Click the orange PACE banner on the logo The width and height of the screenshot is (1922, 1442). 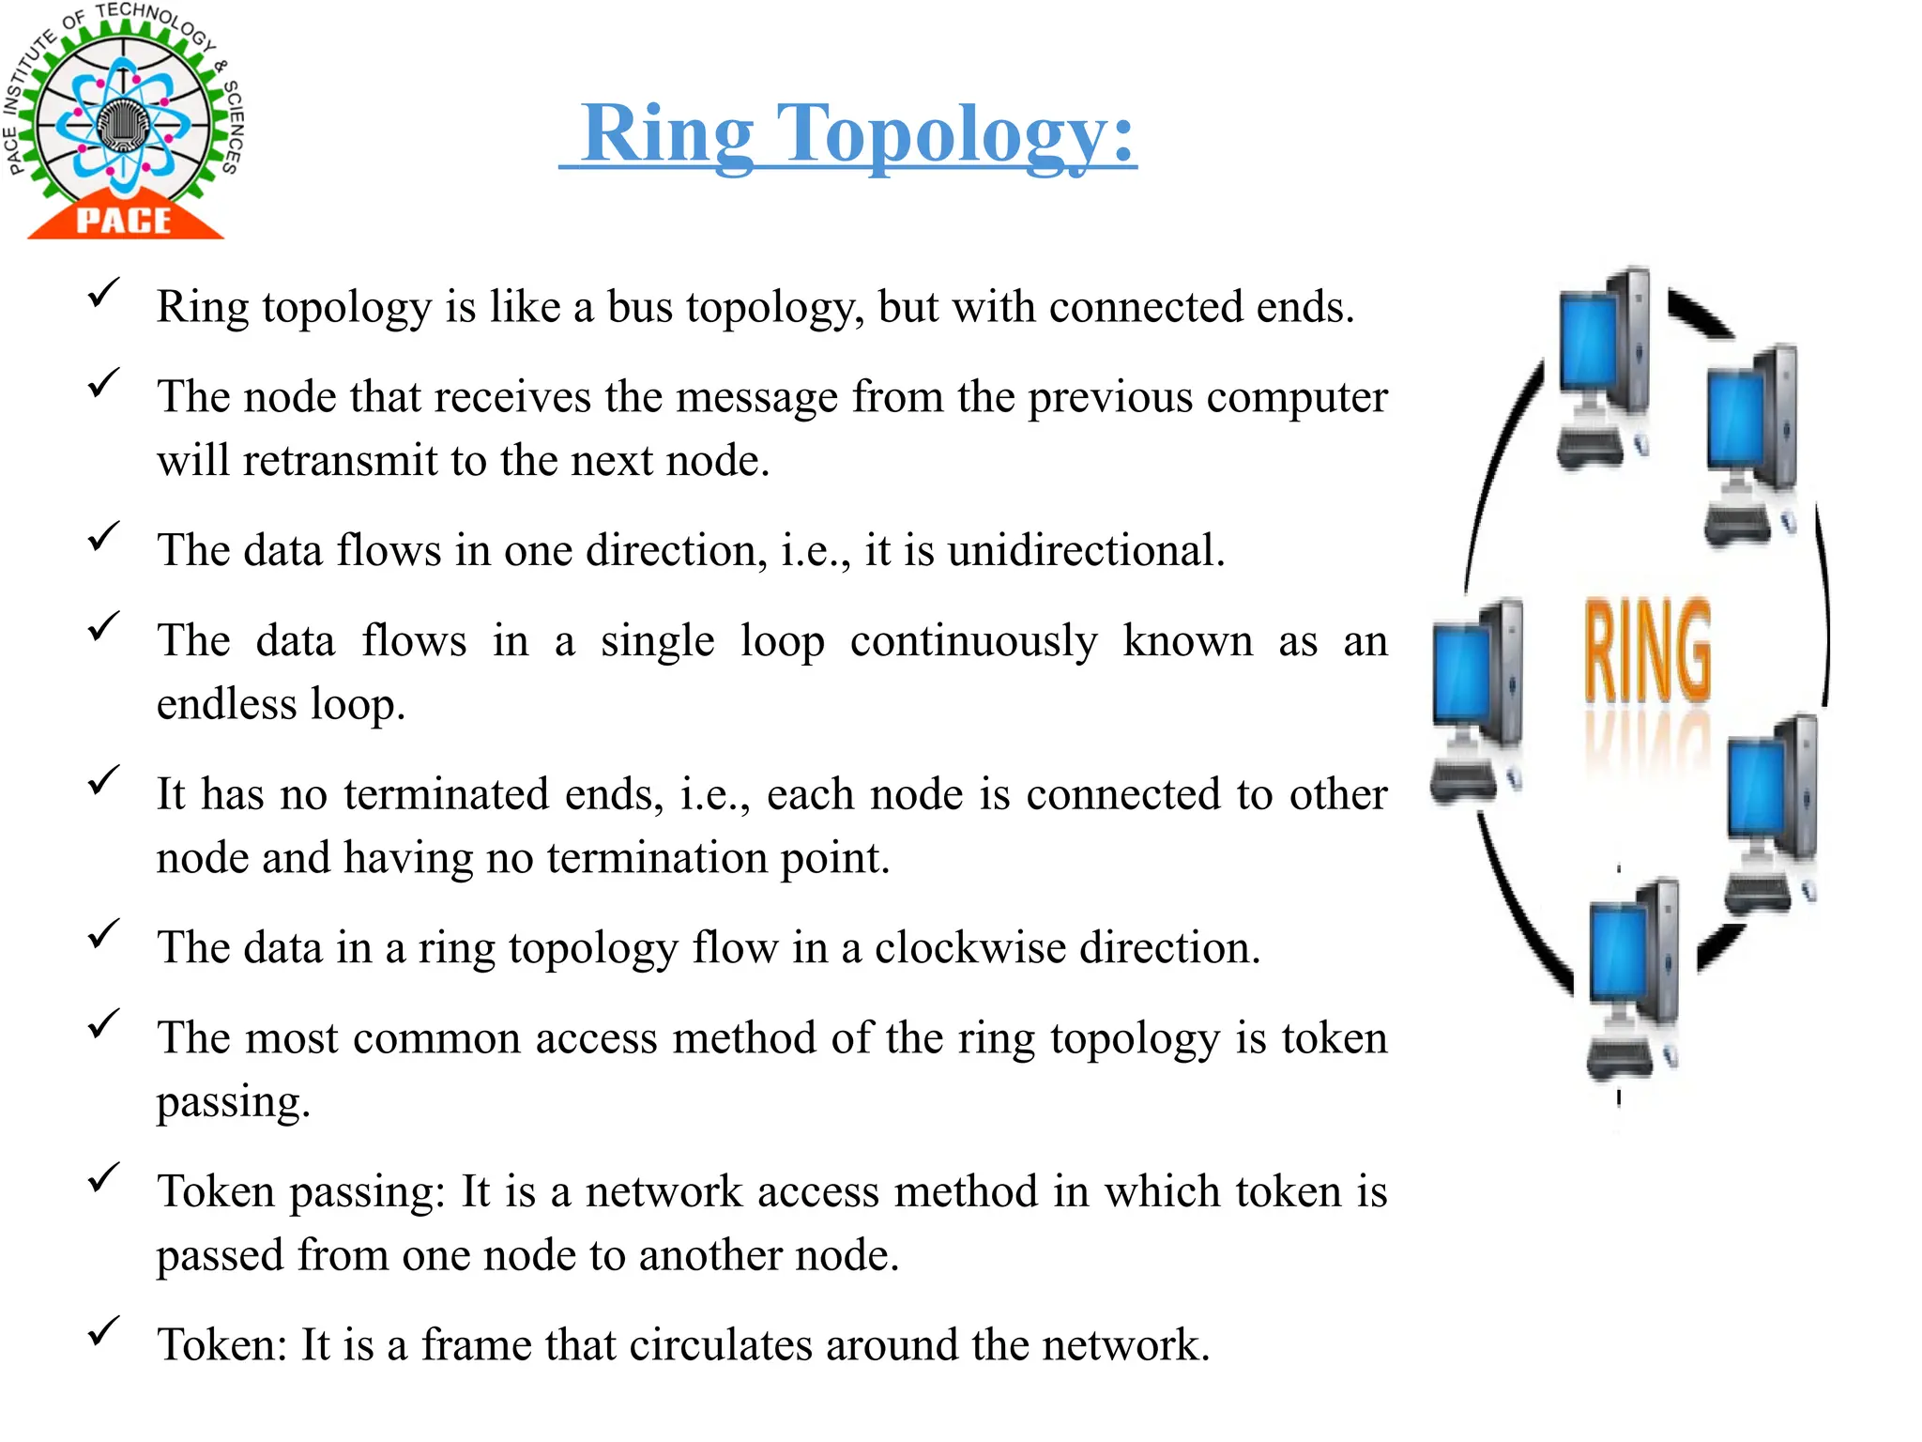125,220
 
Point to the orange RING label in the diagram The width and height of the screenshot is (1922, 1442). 1648,650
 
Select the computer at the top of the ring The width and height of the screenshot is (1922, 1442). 1603,366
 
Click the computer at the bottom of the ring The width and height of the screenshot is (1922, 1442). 1633,976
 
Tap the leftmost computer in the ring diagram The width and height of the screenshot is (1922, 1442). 1476,699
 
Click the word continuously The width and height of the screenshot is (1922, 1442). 973,641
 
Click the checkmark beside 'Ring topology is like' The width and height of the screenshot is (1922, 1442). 102,292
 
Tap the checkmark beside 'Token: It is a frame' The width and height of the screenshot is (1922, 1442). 102,1330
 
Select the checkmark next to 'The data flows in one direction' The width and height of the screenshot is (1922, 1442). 102,536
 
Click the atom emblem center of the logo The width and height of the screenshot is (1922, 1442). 122,124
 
